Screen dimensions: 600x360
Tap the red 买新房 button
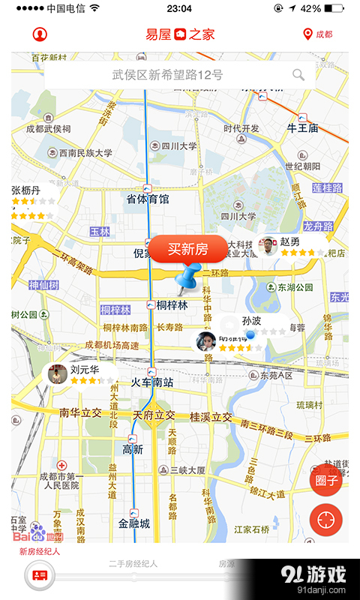tap(187, 249)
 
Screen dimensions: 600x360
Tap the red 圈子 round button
tap(326, 481)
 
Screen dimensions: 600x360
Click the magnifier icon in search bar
tap(298, 74)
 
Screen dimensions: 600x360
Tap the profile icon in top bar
tap(40, 34)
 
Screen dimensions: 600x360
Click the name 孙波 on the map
tap(251, 321)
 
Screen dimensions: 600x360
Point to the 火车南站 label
tap(152, 382)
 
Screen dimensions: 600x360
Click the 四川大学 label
tap(178, 146)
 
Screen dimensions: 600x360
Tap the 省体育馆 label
tap(148, 199)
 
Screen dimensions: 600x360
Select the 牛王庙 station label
tap(302, 128)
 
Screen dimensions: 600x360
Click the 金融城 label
tap(134, 523)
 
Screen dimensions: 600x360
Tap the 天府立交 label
tap(154, 415)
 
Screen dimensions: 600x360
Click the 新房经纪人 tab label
tap(39, 552)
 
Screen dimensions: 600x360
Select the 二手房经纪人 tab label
tap(133, 563)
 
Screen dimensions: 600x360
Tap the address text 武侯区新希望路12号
tap(167, 75)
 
